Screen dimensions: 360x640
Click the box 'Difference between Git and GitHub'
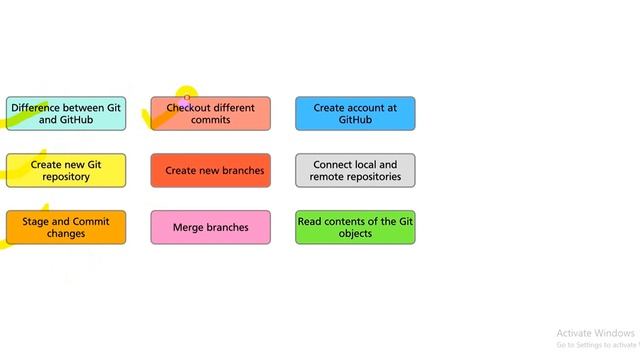(66, 113)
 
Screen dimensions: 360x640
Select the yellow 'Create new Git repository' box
(66, 170)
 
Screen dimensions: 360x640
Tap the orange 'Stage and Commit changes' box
(66, 227)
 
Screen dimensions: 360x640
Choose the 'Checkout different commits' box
(210, 113)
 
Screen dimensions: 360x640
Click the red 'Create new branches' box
(210, 170)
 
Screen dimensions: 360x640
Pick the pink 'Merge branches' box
(210, 227)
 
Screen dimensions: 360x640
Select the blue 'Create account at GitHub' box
(355, 113)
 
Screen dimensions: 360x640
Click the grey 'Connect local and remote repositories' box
(355, 170)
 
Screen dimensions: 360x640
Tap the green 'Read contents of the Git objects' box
(355, 227)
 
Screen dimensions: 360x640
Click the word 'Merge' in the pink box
(188, 227)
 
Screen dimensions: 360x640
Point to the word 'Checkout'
(188, 107)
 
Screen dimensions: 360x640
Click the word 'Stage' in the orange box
(36, 221)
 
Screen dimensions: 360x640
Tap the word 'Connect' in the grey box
(332, 164)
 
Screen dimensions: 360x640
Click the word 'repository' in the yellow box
(66, 177)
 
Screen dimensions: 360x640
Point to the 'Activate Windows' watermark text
(595, 333)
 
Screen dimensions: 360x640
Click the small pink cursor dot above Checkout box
(187, 97)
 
